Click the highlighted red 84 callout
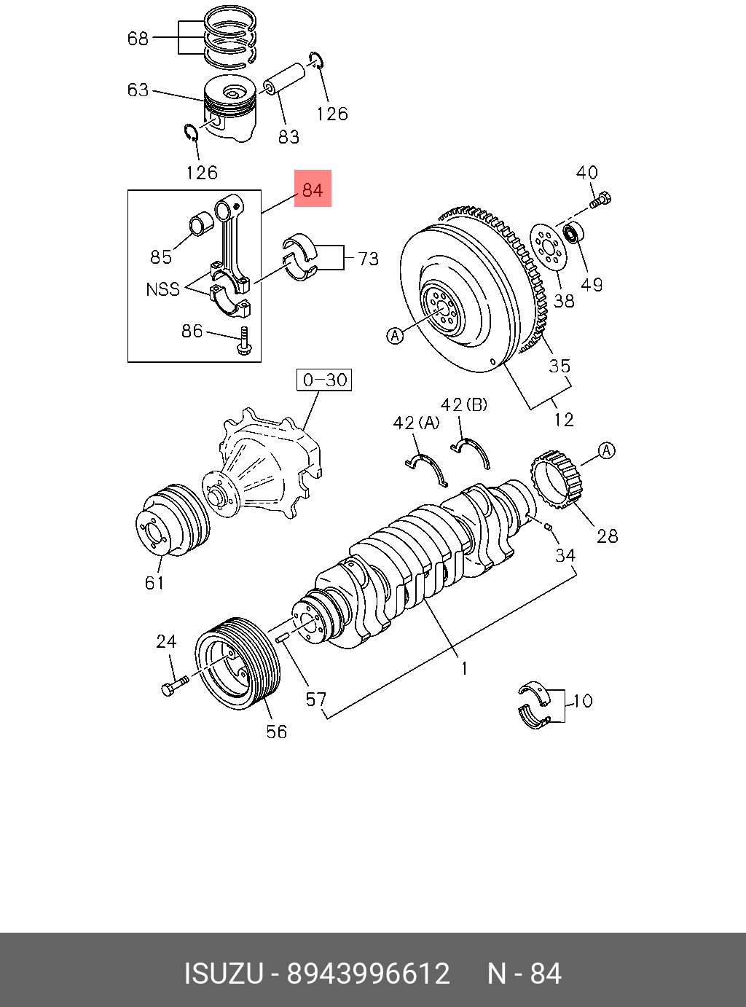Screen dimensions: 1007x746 (x=313, y=189)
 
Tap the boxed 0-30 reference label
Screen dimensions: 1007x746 (x=324, y=380)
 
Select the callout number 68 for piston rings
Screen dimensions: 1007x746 (x=138, y=38)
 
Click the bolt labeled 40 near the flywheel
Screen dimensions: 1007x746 (x=601, y=199)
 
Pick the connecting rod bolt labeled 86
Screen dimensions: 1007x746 (x=245, y=342)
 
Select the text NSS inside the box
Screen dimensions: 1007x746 (x=162, y=289)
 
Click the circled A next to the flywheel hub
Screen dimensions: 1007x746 (x=395, y=335)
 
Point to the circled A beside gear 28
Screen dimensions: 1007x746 (x=607, y=450)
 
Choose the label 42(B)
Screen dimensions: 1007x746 (x=463, y=404)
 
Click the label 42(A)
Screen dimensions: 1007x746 (x=416, y=423)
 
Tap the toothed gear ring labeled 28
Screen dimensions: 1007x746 (x=559, y=479)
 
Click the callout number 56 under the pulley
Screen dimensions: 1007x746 (x=276, y=732)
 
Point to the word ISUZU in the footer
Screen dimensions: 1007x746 (x=223, y=973)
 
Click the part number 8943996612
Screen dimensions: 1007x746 (x=368, y=973)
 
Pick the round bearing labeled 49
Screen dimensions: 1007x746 (x=573, y=235)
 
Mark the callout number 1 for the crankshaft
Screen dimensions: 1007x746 (x=463, y=667)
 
